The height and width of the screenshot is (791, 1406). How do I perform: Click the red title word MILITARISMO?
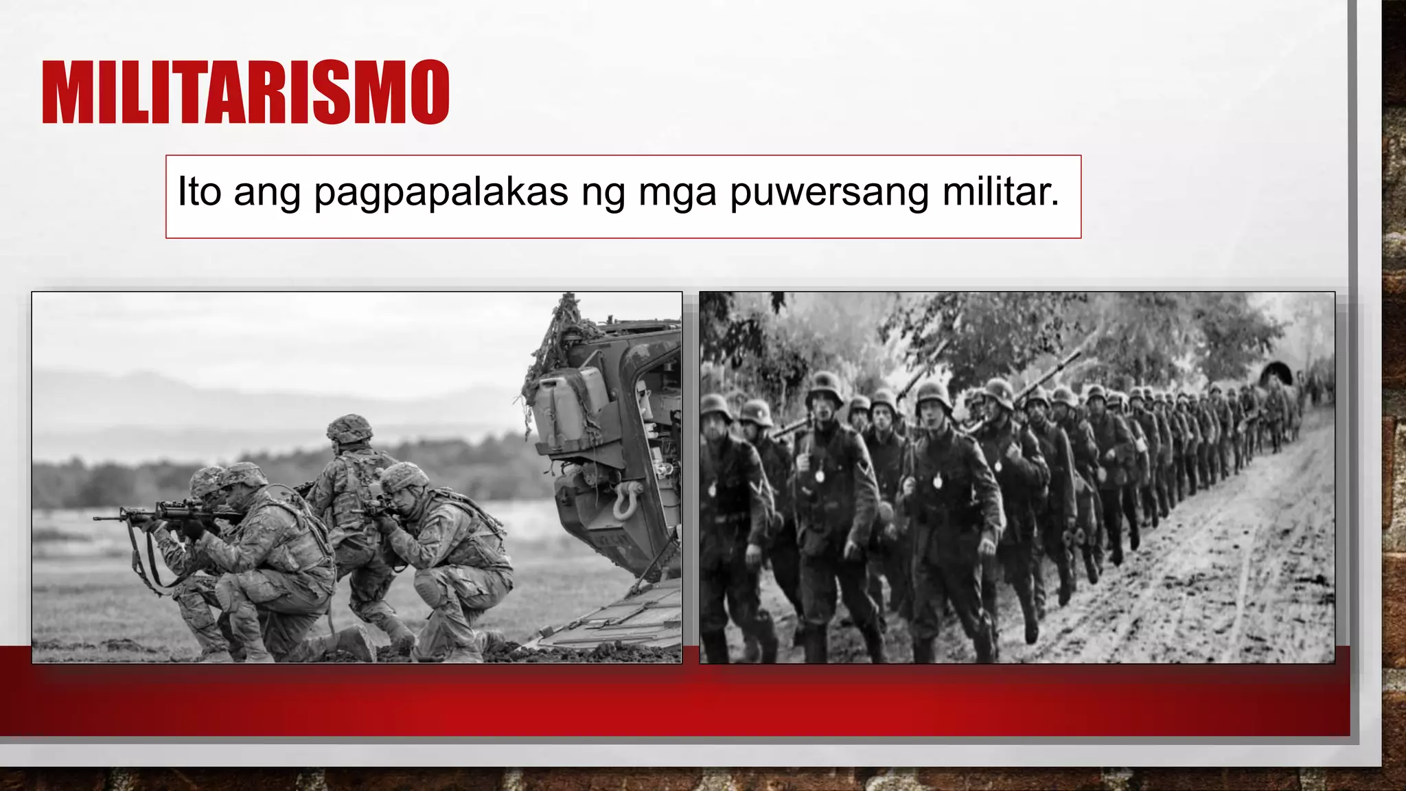[x=245, y=92]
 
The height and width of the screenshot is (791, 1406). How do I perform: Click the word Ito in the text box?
[x=199, y=191]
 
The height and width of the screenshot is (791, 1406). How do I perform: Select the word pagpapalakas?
[x=441, y=192]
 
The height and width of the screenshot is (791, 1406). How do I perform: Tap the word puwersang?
[x=829, y=192]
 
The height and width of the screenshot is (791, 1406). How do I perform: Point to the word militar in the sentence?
[x=1000, y=191]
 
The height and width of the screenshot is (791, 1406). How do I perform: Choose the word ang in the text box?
[x=267, y=194]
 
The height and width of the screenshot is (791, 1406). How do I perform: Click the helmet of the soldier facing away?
[x=349, y=428]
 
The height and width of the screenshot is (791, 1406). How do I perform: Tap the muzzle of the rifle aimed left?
[x=98, y=518]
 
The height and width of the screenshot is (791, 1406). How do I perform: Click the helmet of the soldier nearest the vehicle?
[x=404, y=477]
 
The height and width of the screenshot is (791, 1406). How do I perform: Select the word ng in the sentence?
[x=603, y=194]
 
